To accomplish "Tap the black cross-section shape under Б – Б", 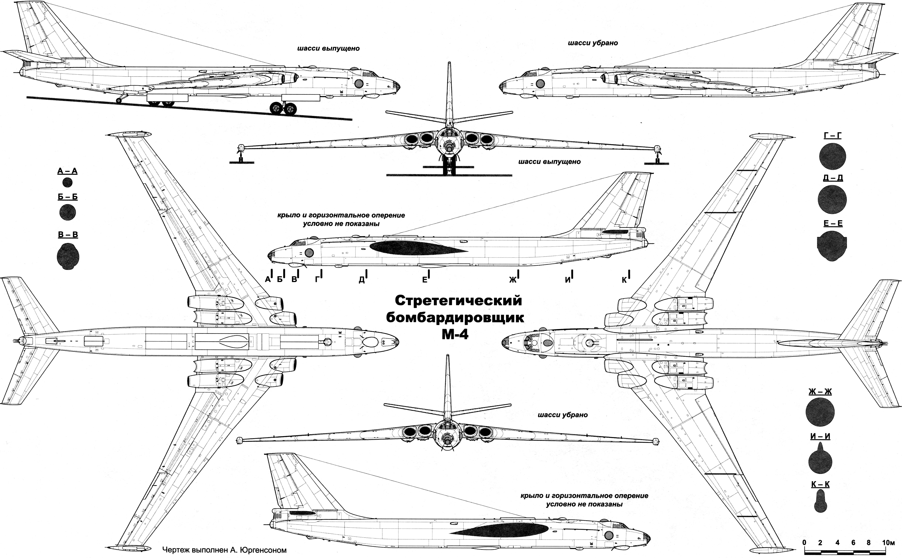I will [x=68, y=212].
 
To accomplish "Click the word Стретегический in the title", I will [x=459, y=301].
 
